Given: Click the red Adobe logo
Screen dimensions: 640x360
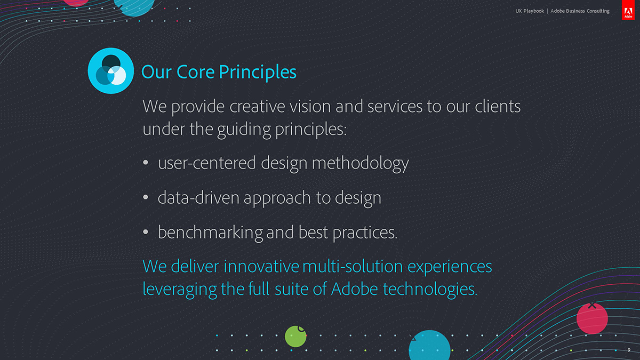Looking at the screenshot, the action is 628,10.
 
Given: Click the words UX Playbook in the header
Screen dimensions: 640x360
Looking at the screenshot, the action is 530,11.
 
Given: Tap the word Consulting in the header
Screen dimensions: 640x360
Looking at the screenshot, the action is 598,11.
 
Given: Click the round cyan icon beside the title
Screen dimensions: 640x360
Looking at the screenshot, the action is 111,70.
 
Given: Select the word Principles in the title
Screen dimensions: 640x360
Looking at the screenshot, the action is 258,73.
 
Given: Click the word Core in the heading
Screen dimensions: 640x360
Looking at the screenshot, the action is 195,71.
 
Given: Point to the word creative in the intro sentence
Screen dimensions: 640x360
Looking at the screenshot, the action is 258,106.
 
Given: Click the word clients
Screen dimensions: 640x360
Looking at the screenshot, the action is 498,106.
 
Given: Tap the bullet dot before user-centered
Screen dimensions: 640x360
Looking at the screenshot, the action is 146,162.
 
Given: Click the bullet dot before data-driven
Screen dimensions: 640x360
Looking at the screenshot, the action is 146,197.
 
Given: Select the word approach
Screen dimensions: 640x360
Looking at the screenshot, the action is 277,198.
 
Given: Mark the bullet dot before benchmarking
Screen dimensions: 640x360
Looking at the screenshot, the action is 146,231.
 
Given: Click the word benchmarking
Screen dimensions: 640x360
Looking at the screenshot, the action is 210,233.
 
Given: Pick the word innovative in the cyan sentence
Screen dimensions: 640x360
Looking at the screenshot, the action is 261,266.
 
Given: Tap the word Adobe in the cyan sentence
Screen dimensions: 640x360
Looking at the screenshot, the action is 355,289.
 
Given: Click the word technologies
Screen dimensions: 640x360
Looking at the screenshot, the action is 430,290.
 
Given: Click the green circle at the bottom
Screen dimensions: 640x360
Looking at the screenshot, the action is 295,337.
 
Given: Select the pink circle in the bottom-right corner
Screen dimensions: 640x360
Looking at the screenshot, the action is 592,318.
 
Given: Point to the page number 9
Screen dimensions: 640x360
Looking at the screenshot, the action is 629,350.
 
